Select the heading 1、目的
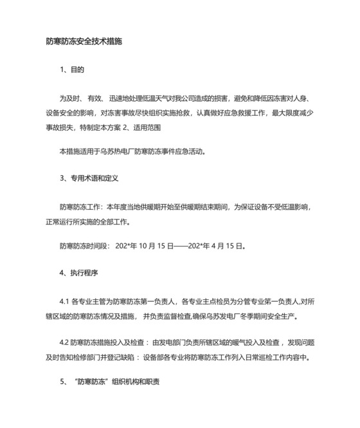(72, 69)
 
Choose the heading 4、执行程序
(78, 272)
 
